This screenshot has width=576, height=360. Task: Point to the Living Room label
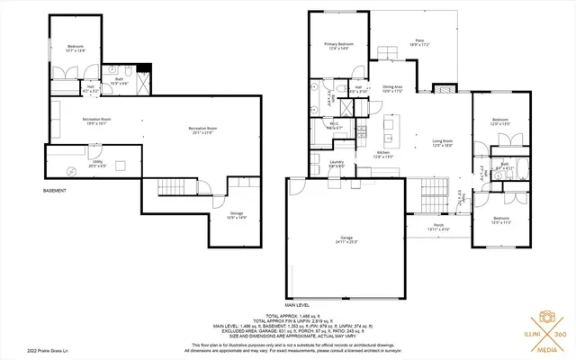coord(442,143)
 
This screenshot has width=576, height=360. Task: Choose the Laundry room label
coord(337,165)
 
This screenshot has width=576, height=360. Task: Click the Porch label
coord(439,227)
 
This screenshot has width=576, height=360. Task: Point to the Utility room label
coord(97,165)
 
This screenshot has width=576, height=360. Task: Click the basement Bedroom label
coord(75,48)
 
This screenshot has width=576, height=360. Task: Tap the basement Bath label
coord(117,82)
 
